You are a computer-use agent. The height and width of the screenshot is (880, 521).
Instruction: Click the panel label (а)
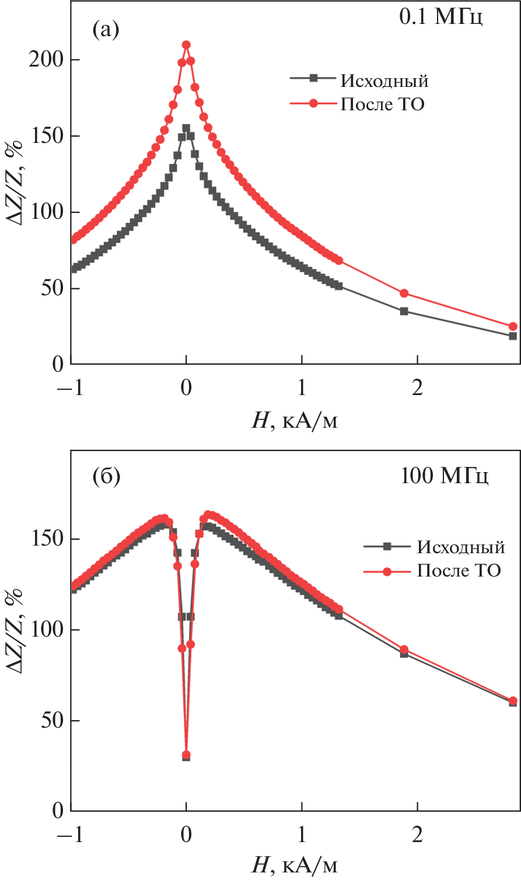106,29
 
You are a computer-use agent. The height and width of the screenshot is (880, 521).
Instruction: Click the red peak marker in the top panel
186,45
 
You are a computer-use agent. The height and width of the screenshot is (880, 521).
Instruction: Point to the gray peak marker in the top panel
186,128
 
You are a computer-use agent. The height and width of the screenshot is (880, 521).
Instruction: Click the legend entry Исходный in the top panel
384,81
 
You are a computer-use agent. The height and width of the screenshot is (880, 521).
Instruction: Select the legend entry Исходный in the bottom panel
460,547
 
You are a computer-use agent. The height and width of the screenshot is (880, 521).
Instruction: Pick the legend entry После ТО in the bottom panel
459,570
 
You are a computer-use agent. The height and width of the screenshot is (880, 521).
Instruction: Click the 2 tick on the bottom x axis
417,835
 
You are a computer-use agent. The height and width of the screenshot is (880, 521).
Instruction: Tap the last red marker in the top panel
513,326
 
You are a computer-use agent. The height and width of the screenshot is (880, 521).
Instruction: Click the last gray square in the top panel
513,336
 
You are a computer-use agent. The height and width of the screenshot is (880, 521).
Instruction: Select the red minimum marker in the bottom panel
186,755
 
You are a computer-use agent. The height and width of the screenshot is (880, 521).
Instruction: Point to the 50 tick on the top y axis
50,289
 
